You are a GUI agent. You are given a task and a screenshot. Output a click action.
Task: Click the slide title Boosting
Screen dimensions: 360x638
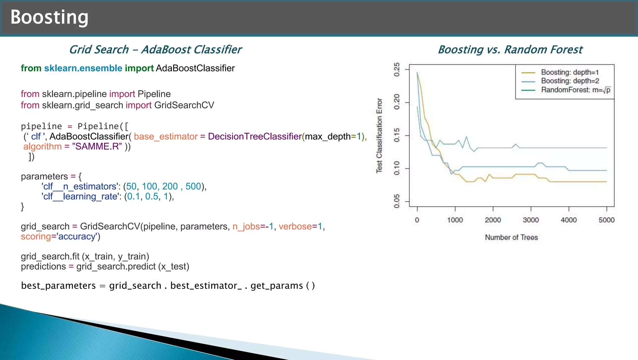click(49, 17)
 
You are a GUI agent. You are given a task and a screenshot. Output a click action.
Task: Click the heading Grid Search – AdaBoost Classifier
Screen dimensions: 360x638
click(155, 50)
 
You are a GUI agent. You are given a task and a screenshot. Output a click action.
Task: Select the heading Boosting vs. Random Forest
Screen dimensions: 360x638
click(510, 50)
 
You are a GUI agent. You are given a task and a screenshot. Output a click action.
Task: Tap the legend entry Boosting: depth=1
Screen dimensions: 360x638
click(569, 72)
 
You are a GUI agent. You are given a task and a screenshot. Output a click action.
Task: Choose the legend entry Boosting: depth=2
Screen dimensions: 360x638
click(569, 81)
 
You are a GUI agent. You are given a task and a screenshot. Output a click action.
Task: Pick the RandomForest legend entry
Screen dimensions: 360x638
click(575, 90)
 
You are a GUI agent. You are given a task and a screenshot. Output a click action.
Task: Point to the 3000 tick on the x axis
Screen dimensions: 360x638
click(531, 220)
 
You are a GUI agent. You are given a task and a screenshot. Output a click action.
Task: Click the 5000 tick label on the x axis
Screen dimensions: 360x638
click(606, 220)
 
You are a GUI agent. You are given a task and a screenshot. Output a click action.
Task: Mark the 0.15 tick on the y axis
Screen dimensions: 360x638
click(397, 135)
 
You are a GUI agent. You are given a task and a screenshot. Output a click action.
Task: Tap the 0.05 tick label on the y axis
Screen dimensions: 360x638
click(397, 201)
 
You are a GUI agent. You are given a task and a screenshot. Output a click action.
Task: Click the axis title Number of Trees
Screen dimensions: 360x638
click(511, 238)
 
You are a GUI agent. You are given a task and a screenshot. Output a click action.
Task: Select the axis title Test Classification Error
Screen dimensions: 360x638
click(379, 136)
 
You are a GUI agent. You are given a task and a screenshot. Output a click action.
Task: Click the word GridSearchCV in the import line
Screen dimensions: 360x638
click(184, 105)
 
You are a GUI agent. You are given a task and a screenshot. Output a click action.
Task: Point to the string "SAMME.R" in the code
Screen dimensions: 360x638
click(97, 146)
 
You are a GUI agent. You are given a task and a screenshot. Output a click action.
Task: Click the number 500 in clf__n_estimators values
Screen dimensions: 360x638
click(193, 186)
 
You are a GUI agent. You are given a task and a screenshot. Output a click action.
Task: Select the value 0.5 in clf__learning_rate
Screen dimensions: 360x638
click(152, 196)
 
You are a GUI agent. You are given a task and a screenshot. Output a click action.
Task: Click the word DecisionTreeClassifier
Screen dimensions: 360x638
click(255, 137)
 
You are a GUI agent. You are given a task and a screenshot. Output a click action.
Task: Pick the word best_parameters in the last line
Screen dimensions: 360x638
click(58, 286)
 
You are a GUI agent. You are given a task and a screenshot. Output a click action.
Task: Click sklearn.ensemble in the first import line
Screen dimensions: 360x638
click(83, 68)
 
